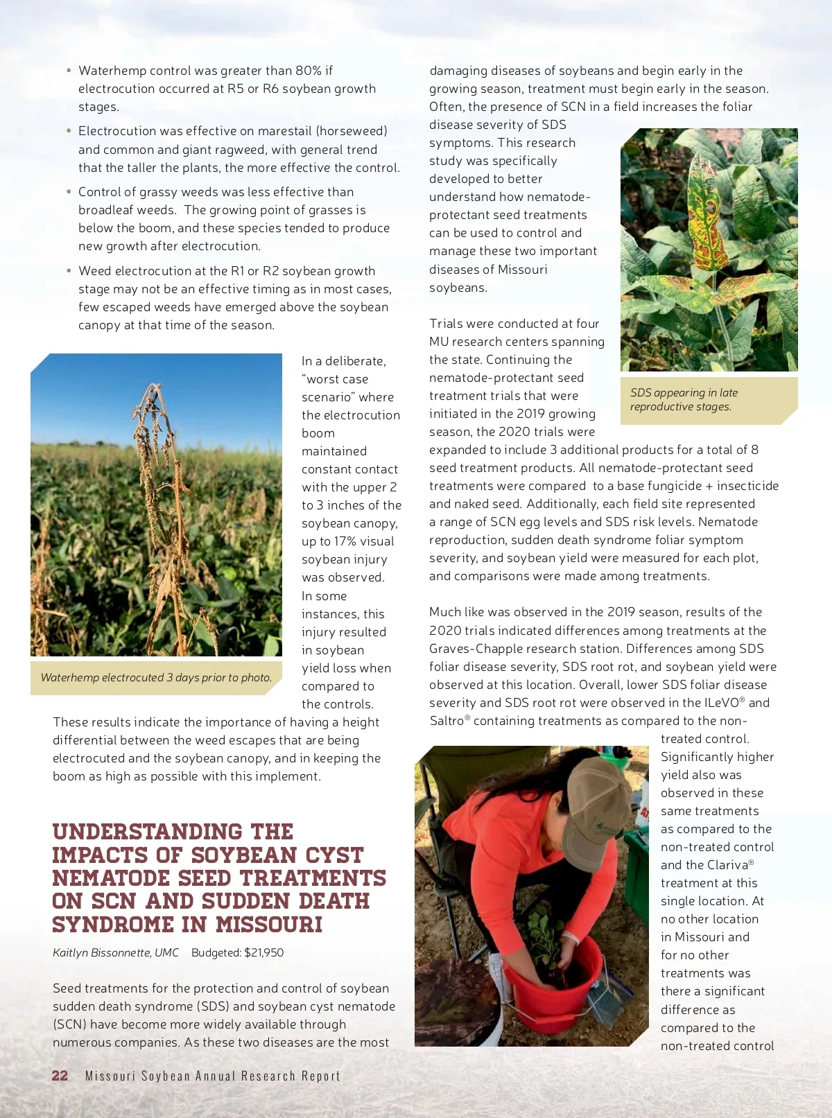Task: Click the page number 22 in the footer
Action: tap(60, 1075)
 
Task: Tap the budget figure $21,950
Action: tap(263, 952)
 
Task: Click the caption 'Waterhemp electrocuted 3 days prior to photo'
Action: tap(156, 677)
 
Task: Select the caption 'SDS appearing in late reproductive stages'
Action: tap(684, 399)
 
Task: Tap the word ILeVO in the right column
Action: tap(721, 703)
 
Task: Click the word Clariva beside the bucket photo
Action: tap(728, 865)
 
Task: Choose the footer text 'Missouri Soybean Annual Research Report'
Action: tap(213, 1076)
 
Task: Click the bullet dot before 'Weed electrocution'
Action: tap(69, 270)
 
